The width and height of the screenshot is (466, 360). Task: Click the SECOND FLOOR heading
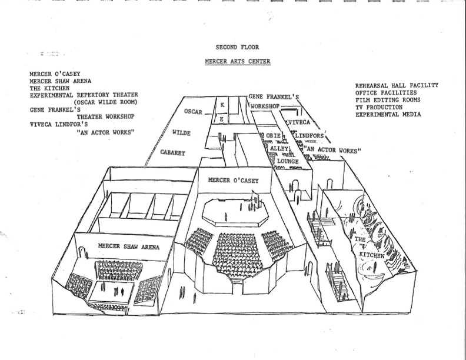(x=237, y=47)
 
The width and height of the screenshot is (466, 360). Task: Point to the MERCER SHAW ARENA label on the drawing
(x=129, y=247)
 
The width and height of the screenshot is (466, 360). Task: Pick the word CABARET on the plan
(x=173, y=152)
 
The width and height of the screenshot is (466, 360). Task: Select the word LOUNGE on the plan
(x=288, y=160)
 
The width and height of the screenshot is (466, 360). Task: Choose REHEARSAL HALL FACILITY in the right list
(x=397, y=85)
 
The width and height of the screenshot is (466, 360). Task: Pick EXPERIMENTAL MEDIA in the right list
(x=388, y=114)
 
